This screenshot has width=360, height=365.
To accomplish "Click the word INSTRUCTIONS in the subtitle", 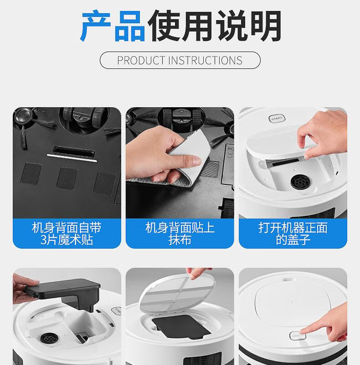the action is coord(205,60).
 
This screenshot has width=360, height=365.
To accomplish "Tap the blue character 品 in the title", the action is coord(130,26).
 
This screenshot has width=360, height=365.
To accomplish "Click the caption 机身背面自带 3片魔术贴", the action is coord(67,234).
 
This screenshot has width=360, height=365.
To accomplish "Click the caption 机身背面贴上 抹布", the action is coord(180,234).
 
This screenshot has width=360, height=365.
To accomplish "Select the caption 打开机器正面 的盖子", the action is coord(293,234).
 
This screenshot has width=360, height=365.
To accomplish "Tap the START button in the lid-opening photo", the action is coord(277,119).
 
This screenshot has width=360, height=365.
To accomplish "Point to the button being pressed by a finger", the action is coord(298,336).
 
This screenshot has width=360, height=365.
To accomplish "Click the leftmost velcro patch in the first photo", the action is coord(31,173).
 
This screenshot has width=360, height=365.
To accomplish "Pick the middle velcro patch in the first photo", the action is coord(67,178).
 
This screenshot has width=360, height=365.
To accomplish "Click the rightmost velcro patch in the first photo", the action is coord(105,183).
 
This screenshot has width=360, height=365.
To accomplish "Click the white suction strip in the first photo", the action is coord(72,158).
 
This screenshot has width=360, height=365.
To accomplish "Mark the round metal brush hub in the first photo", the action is coord(23,115).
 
